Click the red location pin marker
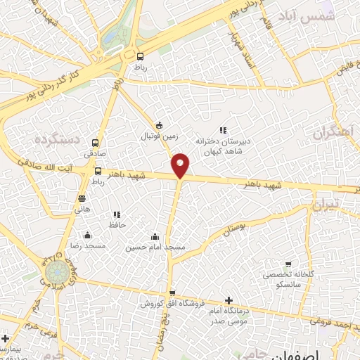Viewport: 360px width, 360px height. click(x=181, y=165)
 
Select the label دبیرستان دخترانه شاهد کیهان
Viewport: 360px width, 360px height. click(x=223, y=146)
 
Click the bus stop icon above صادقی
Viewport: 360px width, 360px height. click(x=95, y=143)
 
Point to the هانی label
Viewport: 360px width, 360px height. click(x=82, y=208)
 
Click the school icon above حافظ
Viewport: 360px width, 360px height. click(x=117, y=214)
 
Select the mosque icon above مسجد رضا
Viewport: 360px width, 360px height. click(x=86, y=235)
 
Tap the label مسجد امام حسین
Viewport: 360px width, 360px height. click(x=155, y=247)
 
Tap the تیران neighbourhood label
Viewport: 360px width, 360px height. click(x=326, y=204)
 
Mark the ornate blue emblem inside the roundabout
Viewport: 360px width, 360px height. click(x=54, y=273)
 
